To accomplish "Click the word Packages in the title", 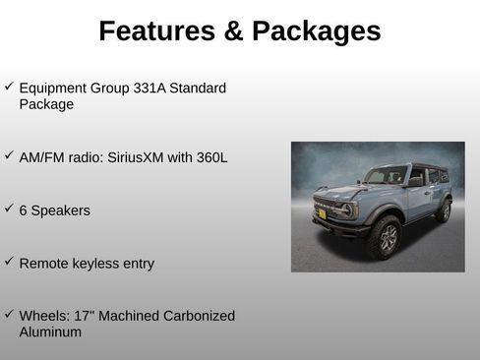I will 316,31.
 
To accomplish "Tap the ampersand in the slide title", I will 234,31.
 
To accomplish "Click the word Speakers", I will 61,210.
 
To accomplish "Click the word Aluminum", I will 50,332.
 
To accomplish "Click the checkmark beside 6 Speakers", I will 8,209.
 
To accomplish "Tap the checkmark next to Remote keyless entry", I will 8,262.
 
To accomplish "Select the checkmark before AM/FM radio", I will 8,154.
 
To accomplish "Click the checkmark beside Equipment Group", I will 8,87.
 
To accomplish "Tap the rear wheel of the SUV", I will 445,210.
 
